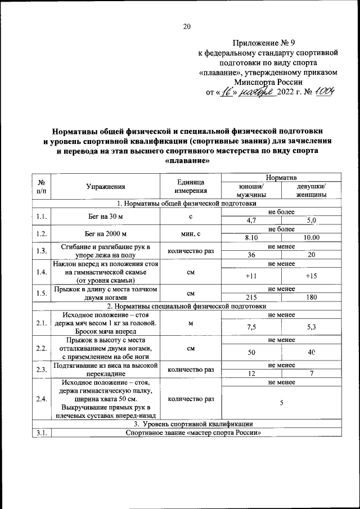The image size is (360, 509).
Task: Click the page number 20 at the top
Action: pyautogui.click(x=187, y=26)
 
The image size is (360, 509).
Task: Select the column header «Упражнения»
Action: pyautogui.click(x=106, y=187)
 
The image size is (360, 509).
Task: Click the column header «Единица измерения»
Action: pyautogui.click(x=190, y=187)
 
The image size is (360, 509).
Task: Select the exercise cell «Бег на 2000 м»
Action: pyautogui.click(x=106, y=234)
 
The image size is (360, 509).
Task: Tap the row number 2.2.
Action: pyautogui.click(x=41, y=348)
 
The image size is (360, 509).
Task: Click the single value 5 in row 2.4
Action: pyautogui.click(x=281, y=403)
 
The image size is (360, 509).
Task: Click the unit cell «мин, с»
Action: pyautogui.click(x=190, y=234)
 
